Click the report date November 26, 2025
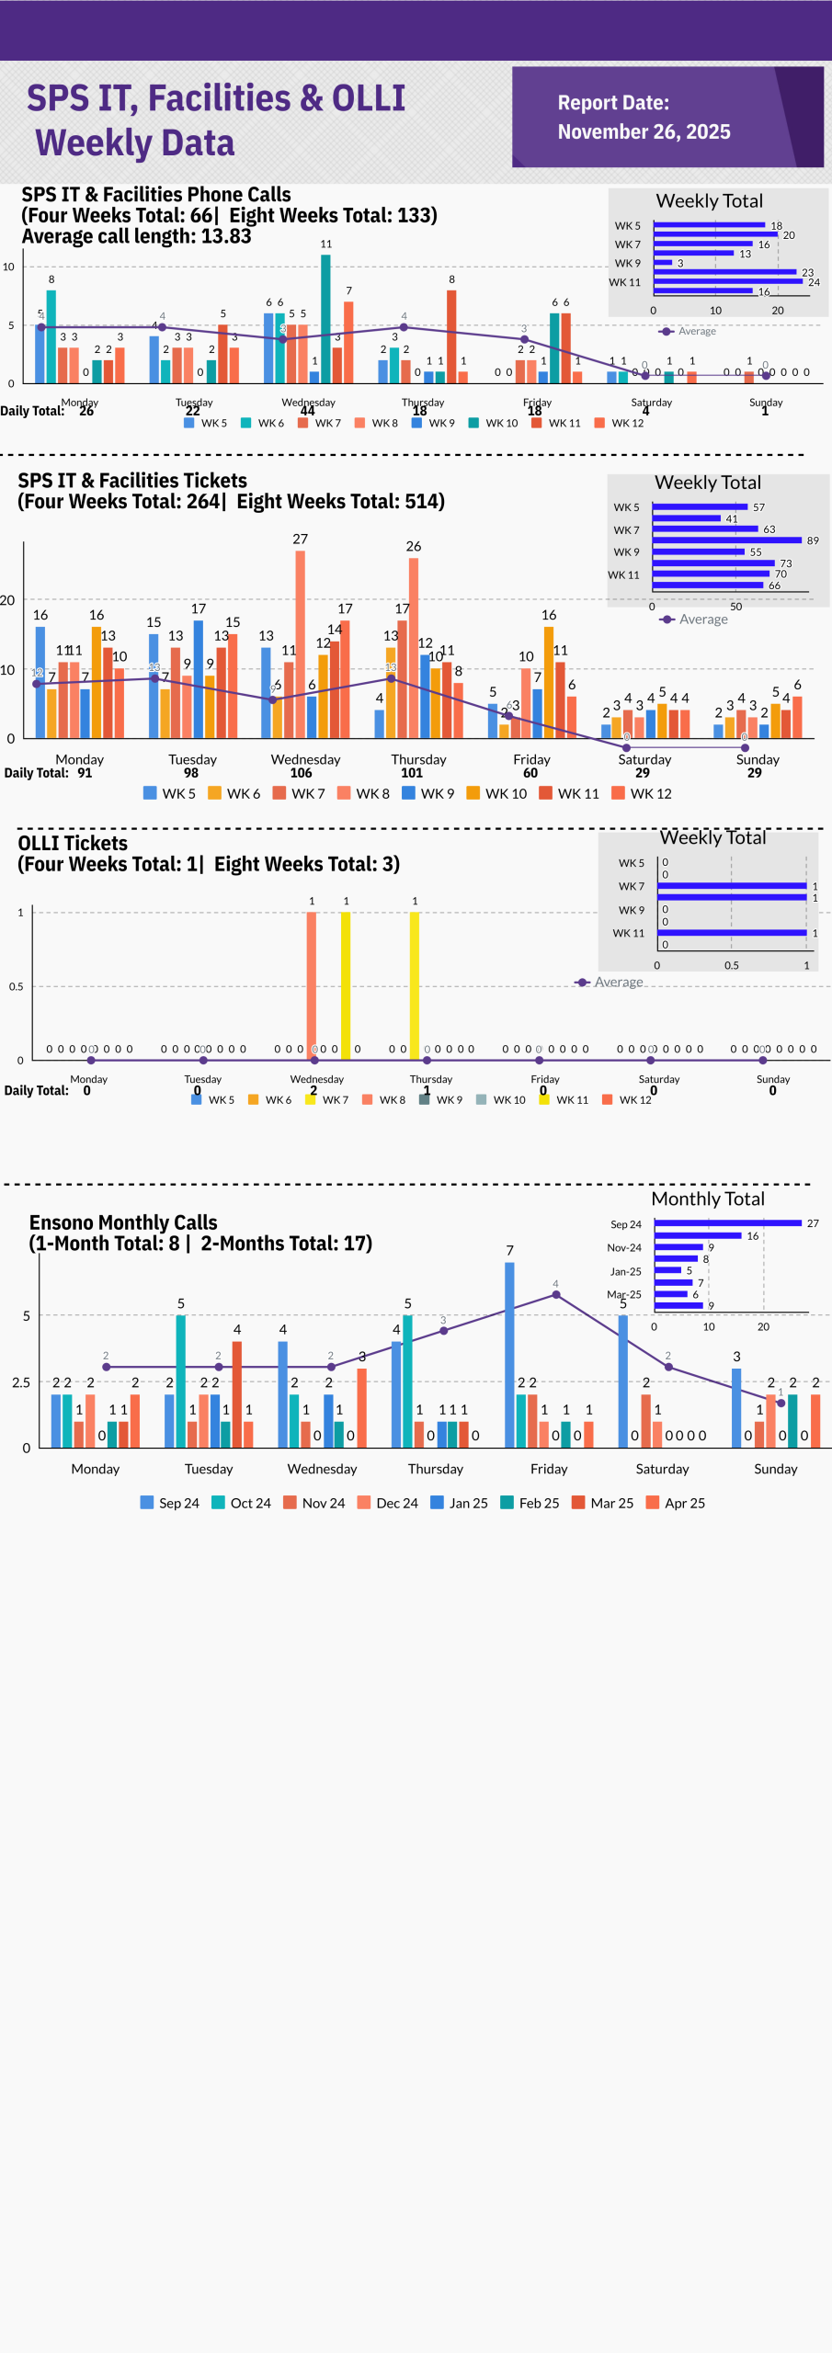(x=644, y=131)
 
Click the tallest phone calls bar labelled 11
(x=325, y=317)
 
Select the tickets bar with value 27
(x=301, y=643)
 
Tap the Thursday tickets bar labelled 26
(x=414, y=647)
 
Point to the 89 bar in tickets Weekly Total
(x=727, y=540)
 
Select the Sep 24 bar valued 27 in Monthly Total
(x=727, y=1223)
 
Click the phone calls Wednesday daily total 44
(x=307, y=411)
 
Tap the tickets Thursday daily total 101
(x=412, y=773)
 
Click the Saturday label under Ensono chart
(x=662, y=1469)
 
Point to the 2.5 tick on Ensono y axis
(x=21, y=1382)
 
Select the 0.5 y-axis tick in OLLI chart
(x=17, y=986)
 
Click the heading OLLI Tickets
(x=73, y=843)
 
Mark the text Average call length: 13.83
(x=136, y=236)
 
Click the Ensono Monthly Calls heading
(x=123, y=1222)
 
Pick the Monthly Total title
(x=708, y=1199)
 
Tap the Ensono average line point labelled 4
(x=555, y=1295)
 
